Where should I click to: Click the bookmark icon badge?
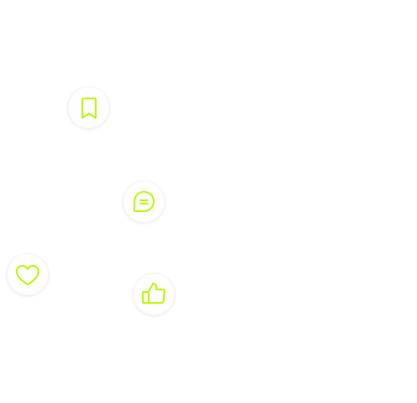(x=89, y=108)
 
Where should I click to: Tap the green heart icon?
(x=28, y=275)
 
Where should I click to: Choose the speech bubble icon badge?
(x=144, y=201)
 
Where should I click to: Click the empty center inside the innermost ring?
(x=215, y=201)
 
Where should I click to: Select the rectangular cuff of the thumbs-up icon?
(x=145, y=297)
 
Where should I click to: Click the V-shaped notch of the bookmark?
(x=89, y=114)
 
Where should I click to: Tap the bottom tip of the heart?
(x=28, y=284)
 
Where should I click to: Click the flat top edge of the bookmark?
(x=89, y=99)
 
